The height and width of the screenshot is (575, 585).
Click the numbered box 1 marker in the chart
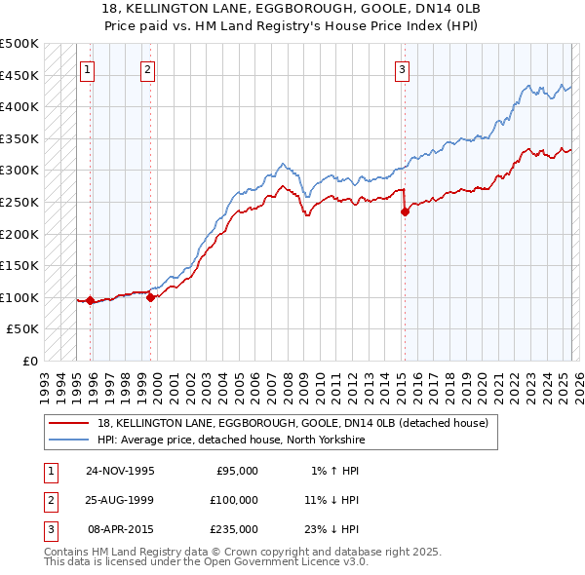[88, 69]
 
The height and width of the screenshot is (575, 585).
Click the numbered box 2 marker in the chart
[147, 69]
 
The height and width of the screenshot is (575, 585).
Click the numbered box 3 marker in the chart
[402, 69]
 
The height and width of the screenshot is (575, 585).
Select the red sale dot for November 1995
[91, 300]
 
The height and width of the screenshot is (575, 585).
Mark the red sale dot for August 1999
[151, 297]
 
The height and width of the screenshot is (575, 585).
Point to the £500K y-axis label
[19, 44]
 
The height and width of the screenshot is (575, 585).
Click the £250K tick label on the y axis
[19, 202]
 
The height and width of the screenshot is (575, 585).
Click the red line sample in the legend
[69, 423]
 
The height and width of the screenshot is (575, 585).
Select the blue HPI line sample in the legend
[69, 440]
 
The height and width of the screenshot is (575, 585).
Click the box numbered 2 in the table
[49, 500]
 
